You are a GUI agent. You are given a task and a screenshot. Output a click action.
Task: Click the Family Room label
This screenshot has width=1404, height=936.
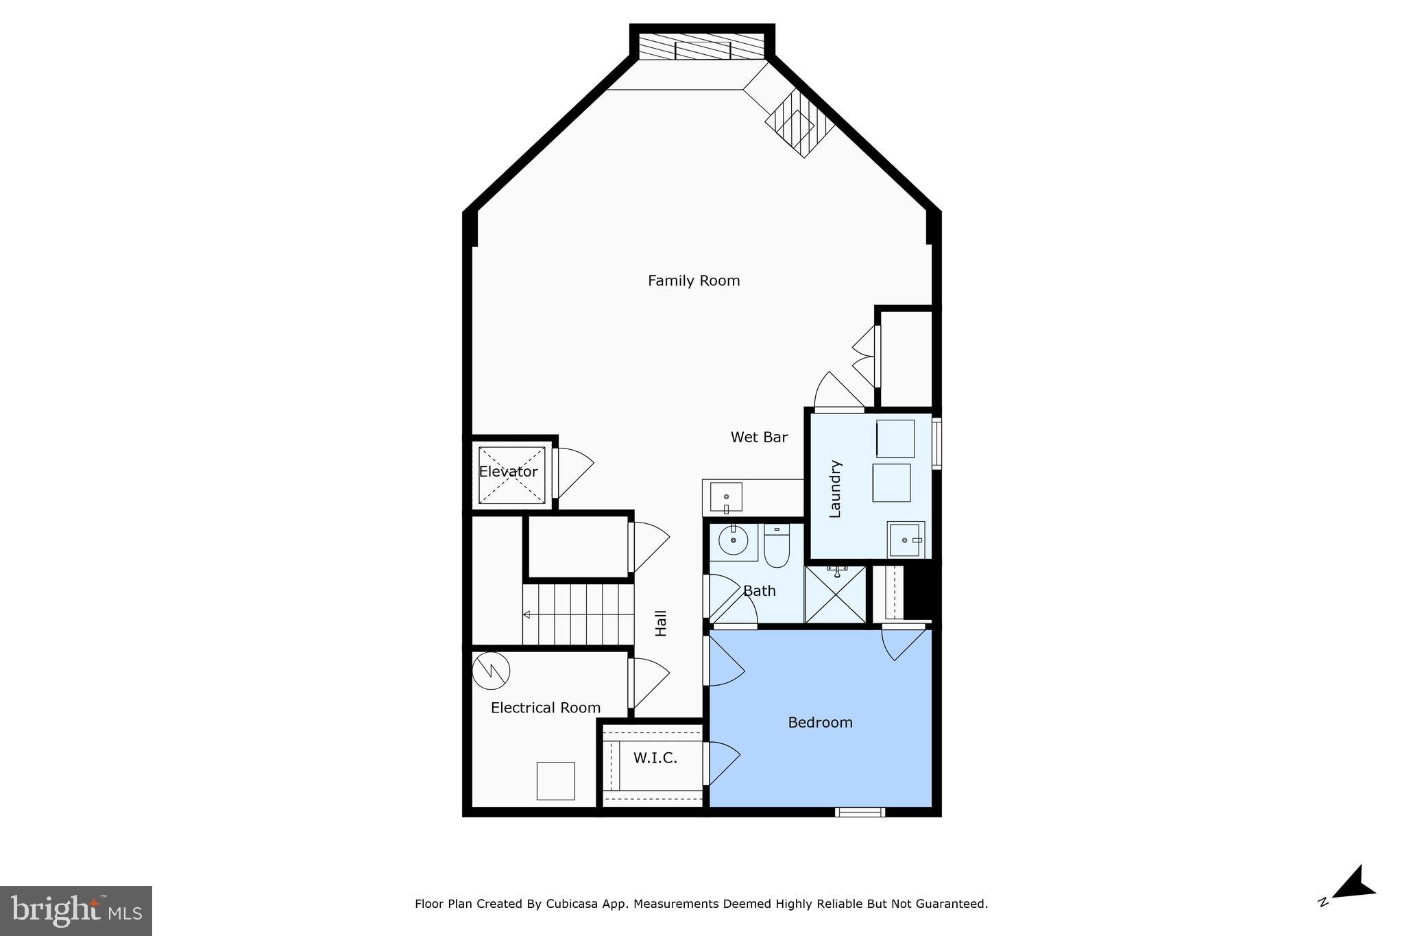pos(694,280)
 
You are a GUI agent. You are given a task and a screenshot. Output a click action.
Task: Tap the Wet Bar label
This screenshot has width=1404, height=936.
pos(759,437)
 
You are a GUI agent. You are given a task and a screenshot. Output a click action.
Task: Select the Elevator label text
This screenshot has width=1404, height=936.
pos(508,472)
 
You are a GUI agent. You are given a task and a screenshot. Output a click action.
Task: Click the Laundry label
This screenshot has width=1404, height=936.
pos(835,488)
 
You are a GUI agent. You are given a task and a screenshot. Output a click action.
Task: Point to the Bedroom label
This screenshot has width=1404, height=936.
pos(820,722)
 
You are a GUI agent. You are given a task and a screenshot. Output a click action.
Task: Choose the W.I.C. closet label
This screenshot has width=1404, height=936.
pos(655,758)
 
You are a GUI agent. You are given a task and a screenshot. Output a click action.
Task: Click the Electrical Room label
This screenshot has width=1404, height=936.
pos(546,708)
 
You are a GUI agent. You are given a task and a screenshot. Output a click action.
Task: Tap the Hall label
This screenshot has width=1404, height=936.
pos(661,623)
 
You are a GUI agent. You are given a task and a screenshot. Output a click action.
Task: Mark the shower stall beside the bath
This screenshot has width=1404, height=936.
pos(836,595)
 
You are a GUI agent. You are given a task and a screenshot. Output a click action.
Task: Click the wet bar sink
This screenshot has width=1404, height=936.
pos(726,497)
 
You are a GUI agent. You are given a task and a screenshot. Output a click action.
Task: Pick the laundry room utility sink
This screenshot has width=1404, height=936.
pos(906,540)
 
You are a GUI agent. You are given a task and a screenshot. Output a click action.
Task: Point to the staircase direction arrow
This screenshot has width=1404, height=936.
pos(526,614)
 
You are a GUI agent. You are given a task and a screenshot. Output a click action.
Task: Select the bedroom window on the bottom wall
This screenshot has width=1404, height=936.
pos(860,813)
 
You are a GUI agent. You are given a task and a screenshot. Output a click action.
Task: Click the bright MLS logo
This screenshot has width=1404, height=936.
pos(76,911)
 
